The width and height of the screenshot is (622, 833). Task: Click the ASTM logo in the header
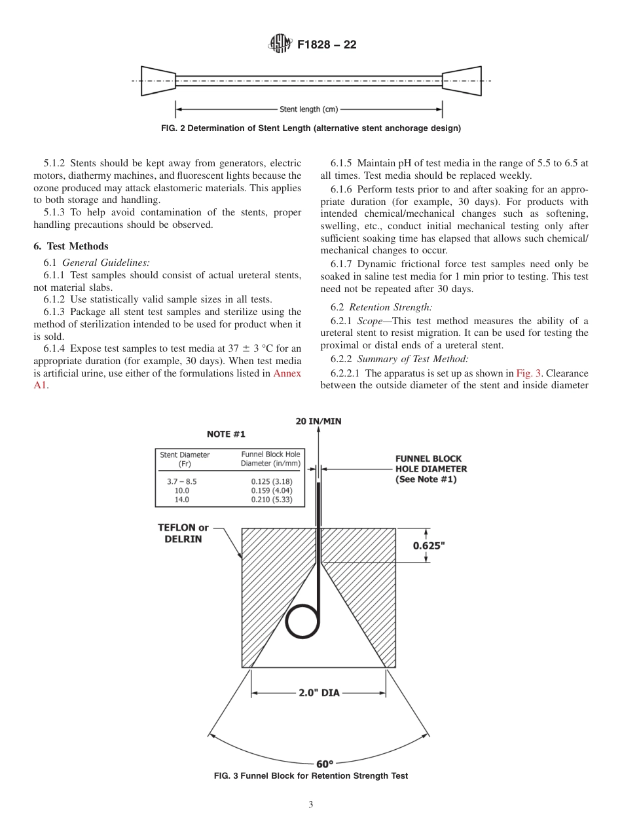280,45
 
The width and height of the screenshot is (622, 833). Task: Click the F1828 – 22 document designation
327,45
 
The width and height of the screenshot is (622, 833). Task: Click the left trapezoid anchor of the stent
158,81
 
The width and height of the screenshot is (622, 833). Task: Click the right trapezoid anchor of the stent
462,81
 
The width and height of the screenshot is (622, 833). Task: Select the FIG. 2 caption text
310,128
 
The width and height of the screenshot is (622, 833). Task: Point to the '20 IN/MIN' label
319,421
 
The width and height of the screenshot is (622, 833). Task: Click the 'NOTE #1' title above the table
227,434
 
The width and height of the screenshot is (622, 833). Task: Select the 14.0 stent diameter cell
181,499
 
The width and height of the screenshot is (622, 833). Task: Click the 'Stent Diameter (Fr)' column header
185,458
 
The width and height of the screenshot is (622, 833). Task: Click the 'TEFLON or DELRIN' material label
183,533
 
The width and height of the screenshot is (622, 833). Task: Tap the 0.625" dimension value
447,545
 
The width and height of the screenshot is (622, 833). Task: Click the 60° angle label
321,764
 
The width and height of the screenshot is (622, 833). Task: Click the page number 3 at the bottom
310,805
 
